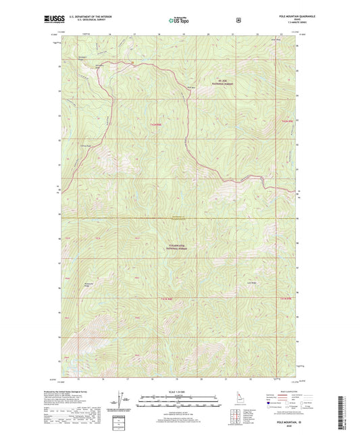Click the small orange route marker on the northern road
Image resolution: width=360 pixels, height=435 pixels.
click(x=133, y=63)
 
